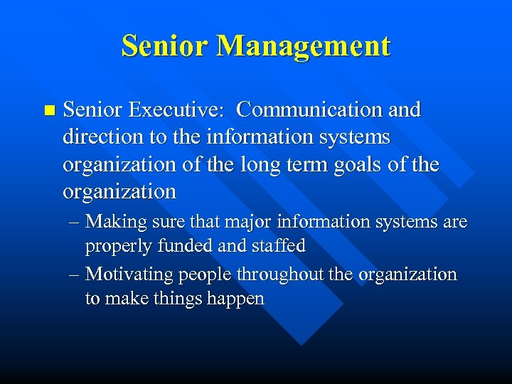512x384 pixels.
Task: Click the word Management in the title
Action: point(304,46)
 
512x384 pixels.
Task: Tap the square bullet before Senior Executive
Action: point(48,110)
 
